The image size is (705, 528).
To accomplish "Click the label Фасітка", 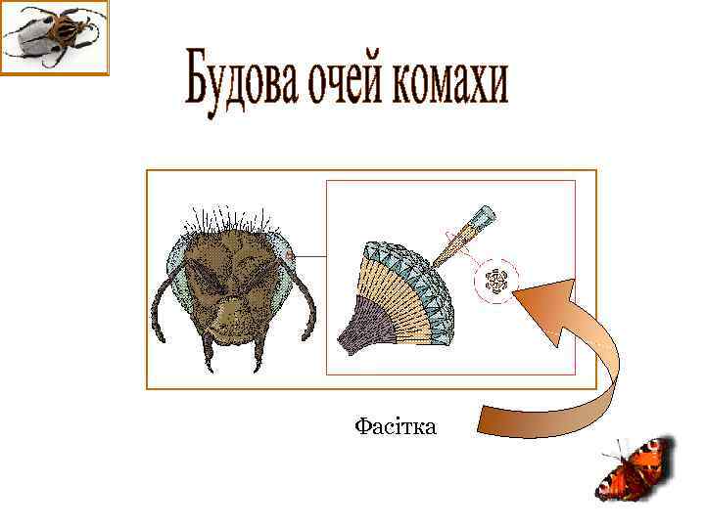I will pos(396,426).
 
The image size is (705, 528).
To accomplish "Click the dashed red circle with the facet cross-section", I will pos(496,283).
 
